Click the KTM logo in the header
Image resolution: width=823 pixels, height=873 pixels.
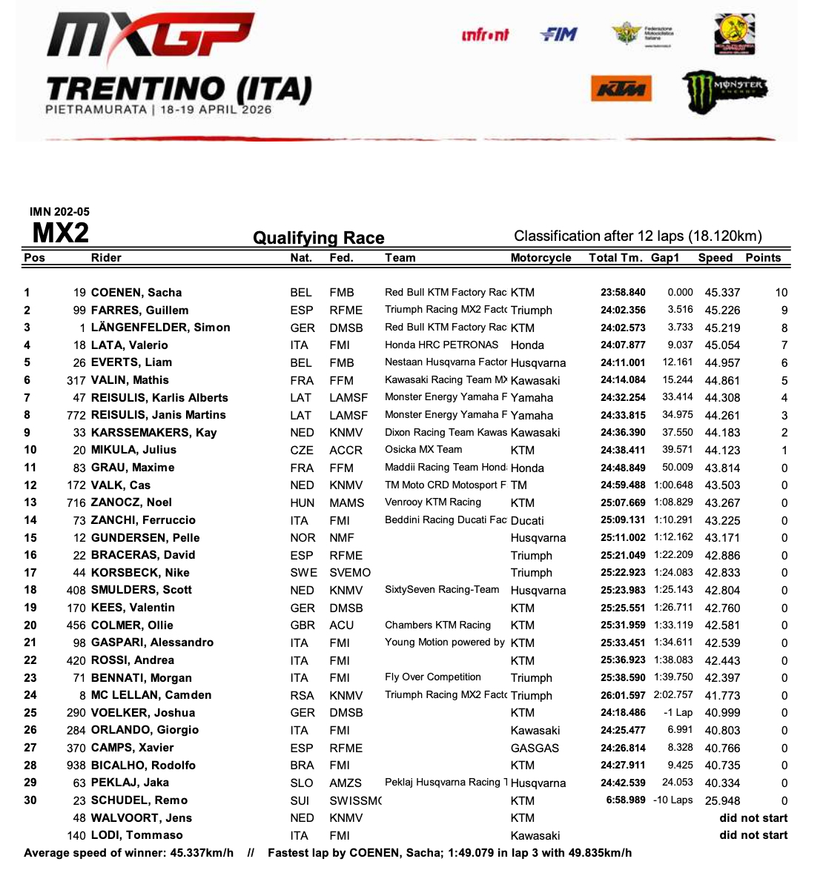point(621,90)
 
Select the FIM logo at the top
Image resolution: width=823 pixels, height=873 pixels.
point(558,35)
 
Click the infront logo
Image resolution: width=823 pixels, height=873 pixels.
point(485,35)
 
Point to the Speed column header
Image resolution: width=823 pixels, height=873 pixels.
point(715,258)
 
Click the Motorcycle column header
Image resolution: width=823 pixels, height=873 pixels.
point(541,258)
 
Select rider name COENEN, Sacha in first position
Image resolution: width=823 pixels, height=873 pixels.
point(136,293)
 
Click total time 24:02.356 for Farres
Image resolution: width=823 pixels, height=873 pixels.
point(623,311)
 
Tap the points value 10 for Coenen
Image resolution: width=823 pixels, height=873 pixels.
point(781,293)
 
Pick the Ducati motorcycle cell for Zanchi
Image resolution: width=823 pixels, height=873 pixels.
point(527,521)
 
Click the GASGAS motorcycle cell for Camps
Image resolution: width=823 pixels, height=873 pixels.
point(535,748)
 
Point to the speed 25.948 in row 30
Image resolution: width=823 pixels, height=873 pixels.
point(722,801)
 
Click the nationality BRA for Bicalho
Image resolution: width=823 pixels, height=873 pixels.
point(302,766)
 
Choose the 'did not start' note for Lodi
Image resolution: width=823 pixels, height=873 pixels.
point(753,835)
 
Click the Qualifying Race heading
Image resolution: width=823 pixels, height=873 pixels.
point(319,238)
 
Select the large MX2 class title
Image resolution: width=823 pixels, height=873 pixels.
point(61,233)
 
